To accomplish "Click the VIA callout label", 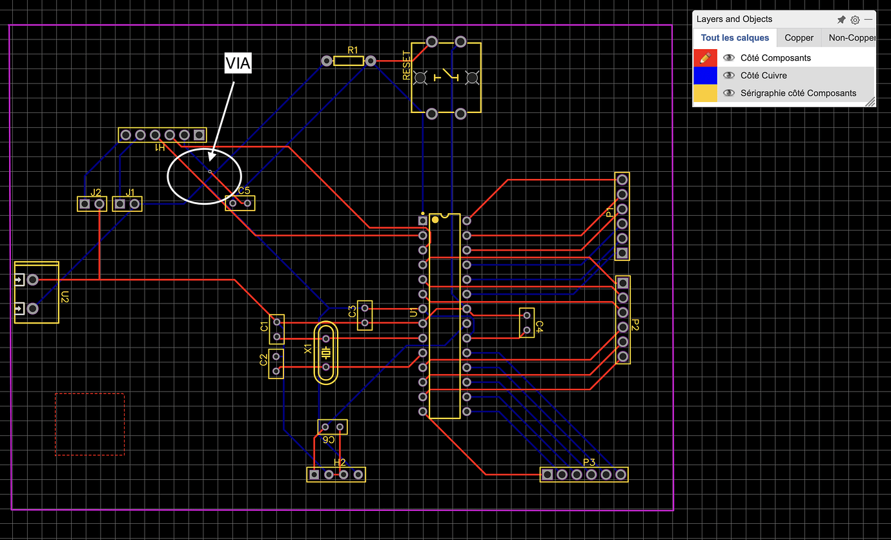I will (237, 63).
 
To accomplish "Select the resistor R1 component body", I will (349, 61).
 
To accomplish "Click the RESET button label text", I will (406, 65).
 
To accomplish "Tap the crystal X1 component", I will (326, 353).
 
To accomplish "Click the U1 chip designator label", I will (413, 313).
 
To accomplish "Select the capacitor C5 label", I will (244, 191).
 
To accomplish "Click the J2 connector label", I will (96, 192).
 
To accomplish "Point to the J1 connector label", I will (130, 192).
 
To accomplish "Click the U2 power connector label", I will (65, 297).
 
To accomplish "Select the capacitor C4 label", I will (540, 326).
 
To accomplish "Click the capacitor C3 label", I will (353, 311).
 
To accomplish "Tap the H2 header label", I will (340, 462).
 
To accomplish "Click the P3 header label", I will (589, 462).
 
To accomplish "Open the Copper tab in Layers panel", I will (799, 38).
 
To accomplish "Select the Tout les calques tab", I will (735, 38).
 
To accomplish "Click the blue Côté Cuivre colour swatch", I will (705, 76).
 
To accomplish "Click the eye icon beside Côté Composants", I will (729, 57).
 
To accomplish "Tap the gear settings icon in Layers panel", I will (855, 20).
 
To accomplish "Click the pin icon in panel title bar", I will (841, 20).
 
